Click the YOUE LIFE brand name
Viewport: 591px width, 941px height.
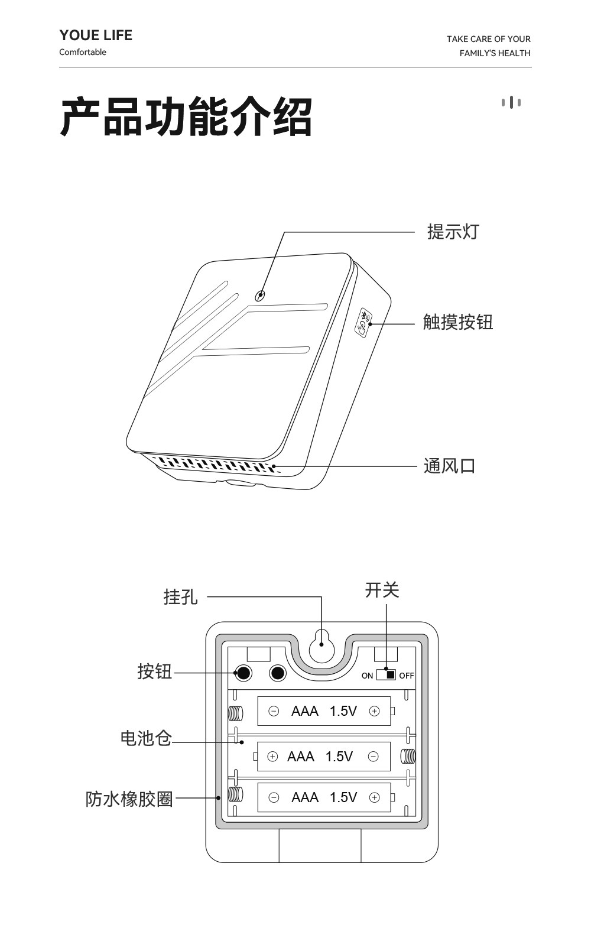96,35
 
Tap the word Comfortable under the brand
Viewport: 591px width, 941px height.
83,52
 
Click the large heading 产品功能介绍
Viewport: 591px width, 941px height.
186,117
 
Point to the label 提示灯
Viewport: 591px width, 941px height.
453,232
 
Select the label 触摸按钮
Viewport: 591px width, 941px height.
457,322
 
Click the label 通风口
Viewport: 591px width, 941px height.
449,466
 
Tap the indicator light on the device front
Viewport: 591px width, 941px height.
259,295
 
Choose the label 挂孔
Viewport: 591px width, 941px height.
180,596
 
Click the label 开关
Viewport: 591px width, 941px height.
382,590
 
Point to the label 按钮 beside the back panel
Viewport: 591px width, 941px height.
154,671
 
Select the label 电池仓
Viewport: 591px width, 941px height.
145,738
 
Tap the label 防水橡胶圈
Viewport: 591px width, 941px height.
129,799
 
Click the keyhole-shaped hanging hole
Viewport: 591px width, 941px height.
322,646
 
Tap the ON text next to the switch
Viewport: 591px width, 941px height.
367,676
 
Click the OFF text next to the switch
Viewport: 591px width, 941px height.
407,676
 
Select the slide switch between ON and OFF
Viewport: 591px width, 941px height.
386,674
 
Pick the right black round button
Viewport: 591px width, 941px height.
277,673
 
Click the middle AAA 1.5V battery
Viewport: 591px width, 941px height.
324,757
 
